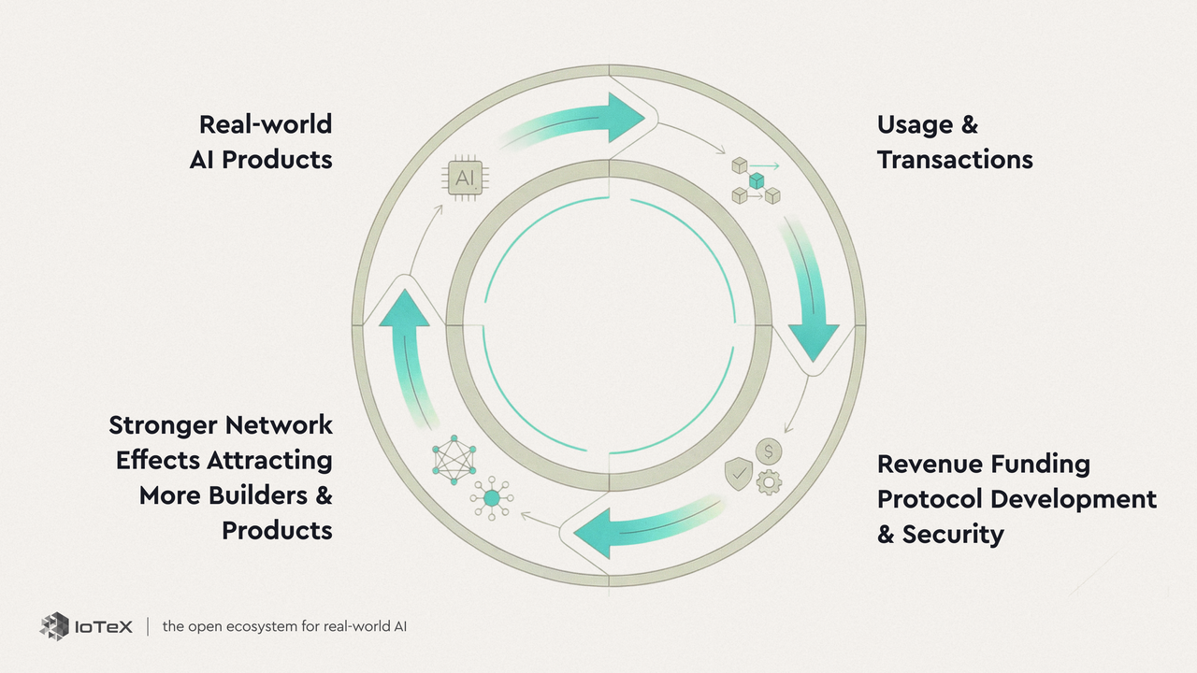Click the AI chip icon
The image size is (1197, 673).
(465, 177)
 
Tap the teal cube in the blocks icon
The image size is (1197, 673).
(757, 179)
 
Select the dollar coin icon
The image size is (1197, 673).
(769, 452)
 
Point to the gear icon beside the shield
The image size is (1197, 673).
(769, 482)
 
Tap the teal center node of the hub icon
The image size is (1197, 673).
(491, 498)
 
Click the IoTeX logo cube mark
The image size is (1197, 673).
(54, 625)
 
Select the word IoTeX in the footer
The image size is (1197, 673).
(104, 626)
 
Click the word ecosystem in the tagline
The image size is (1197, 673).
(248, 626)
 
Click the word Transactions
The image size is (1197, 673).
(955, 160)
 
